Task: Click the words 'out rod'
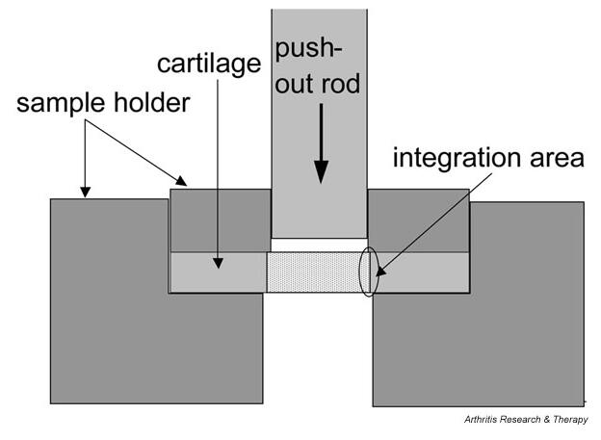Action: pyautogui.click(x=320, y=86)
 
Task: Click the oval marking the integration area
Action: pyautogui.click(x=368, y=272)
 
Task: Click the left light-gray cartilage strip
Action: pyautogui.click(x=218, y=272)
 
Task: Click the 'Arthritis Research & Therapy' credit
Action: pyautogui.click(x=525, y=419)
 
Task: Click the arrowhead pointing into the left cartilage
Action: pyautogui.click(x=220, y=260)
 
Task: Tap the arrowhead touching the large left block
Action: pyautogui.click(x=85, y=191)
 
